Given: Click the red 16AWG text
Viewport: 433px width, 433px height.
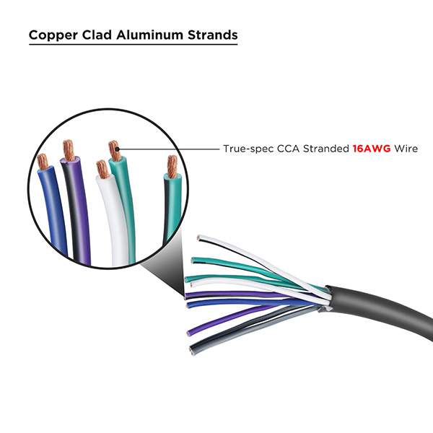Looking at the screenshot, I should coord(370,149).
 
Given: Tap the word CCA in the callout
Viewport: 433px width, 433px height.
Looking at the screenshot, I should coord(287,149).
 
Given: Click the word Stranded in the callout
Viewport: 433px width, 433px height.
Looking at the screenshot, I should coord(325,149).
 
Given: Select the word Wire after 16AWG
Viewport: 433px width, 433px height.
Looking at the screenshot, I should coord(405,149).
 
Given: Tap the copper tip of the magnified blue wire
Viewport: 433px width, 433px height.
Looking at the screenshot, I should coord(43,162).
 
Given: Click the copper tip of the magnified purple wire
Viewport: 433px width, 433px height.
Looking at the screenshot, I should coord(69,150).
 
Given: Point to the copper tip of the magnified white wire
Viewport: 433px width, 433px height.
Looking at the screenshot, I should coord(102,169).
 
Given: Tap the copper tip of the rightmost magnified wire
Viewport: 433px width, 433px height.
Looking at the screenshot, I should coord(172,166).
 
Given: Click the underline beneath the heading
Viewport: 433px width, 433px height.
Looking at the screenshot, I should coord(134,45).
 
